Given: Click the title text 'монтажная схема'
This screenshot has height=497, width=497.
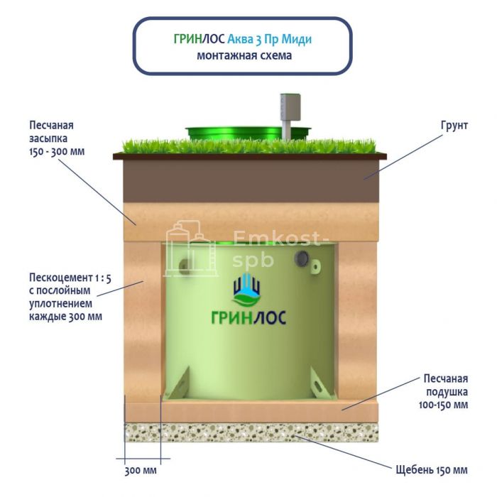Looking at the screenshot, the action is [x=244, y=55].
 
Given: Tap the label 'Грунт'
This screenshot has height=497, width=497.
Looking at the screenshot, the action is [x=454, y=126].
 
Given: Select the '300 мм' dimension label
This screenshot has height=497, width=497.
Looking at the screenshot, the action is [x=141, y=470].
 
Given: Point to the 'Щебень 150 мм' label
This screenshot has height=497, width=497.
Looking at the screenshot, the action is [x=432, y=470].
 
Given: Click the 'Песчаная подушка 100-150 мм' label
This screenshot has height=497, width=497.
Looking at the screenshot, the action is [x=444, y=392].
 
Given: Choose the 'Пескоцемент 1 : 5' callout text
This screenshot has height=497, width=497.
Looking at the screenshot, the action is [x=70, y=278].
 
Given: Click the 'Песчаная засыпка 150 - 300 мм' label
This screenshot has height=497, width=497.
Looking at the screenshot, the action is [x=57, y=138].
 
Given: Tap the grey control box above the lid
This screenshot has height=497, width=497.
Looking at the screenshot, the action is [x=290, y=107].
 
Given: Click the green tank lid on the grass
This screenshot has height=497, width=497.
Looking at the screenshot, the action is [x=248, y=132].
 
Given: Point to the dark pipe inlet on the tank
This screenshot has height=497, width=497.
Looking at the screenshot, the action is [x=302, y=258].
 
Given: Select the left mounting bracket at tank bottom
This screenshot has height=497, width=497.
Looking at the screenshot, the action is [x=177, y=383].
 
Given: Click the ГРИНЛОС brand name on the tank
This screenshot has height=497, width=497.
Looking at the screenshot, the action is [x=248, y=317].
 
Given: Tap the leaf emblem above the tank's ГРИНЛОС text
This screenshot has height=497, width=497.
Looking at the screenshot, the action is [x=246, y=290].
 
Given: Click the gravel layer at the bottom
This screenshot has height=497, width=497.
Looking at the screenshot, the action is [x=251, y=432].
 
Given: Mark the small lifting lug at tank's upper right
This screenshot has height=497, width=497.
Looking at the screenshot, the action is [x=316, y=265].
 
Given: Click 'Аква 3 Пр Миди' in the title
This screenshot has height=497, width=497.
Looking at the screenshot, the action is [x=269, y=40].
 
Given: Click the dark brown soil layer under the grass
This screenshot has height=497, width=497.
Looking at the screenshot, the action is [x=251, y=180].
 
